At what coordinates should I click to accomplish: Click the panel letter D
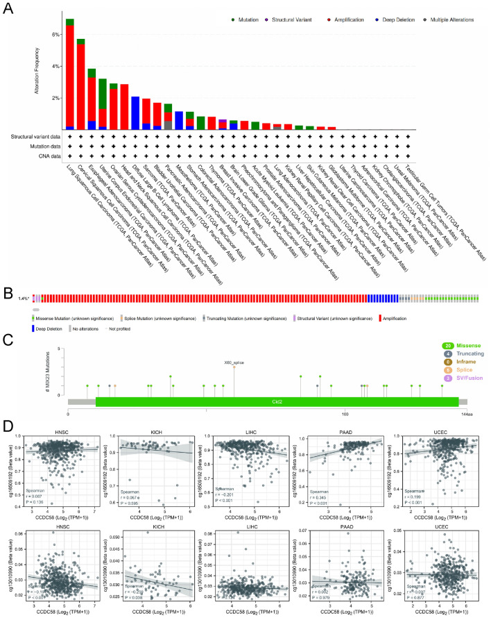8,424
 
